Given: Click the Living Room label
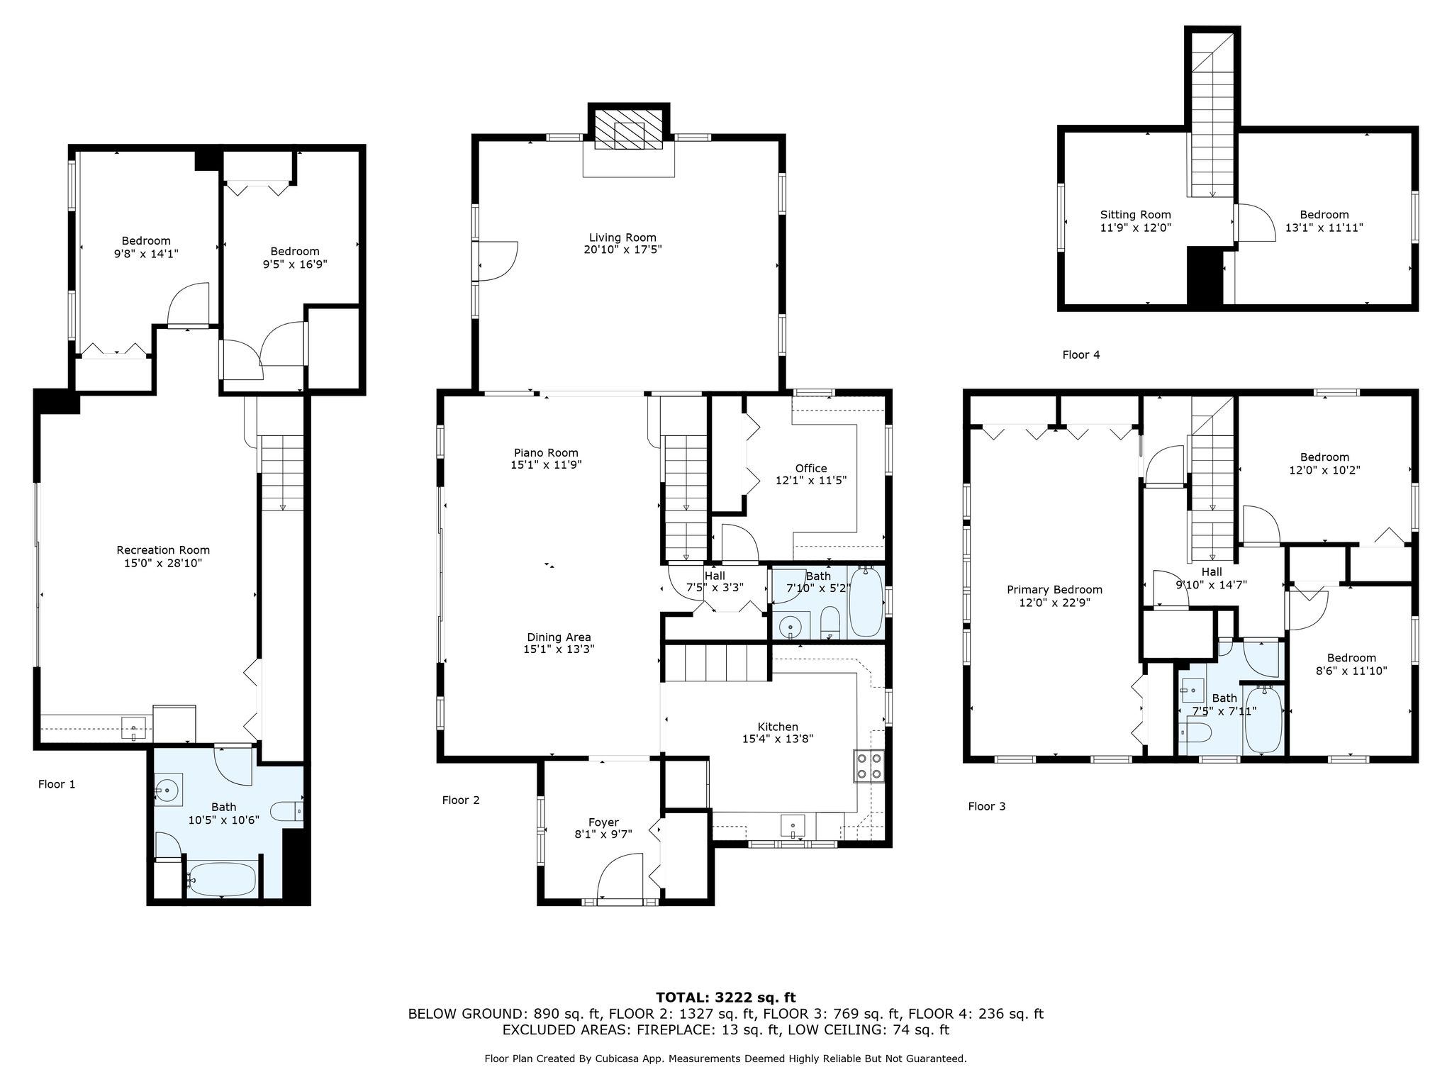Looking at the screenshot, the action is [x=622, y=238].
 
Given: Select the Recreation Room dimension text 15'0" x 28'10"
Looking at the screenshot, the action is [x=163, y=563].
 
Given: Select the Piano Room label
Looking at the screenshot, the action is [x=546, y=453].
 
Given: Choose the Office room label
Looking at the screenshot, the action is [x=811, y=468].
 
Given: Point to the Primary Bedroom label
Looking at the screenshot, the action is [x=1055, y=590].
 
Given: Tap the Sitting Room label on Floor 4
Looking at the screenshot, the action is [x=1136, y=215].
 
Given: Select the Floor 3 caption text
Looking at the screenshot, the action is [x=987, y=806].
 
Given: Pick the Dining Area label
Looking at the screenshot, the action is [x=559, y=637].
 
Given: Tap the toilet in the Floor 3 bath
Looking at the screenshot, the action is [x=1195, y=732].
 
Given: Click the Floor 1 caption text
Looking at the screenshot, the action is [x=57, y=784].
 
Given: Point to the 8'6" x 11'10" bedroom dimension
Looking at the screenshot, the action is [x=1352, y=671].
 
